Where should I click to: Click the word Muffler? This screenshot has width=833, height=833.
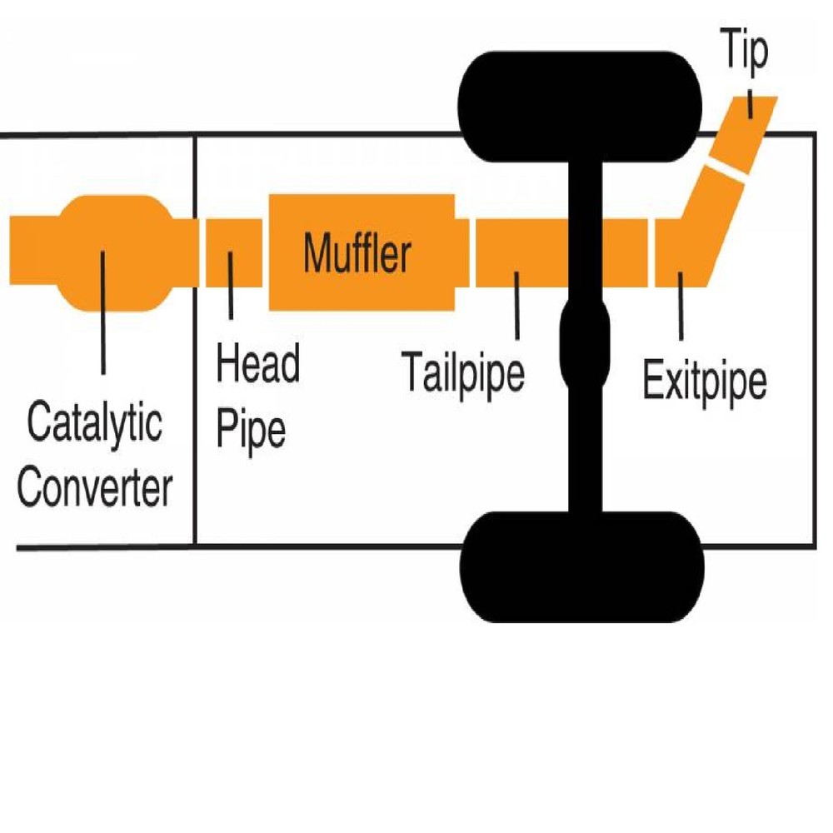pyautogui.click(x=357, y=253)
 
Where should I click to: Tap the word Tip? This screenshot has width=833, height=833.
pyautogui.click(x=743, y=52)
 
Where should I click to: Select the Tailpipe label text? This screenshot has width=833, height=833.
pyautogui.click(x=462, y=372)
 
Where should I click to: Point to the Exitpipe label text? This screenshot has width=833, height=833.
pyautogui.click(x=705, y=381)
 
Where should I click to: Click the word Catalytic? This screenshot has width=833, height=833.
pyautogui.click(x=93, y=425)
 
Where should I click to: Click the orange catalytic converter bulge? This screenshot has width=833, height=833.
pyautogui.click(x=111, y=253)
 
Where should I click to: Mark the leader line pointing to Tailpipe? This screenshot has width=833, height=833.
pyautogui.click(x=517, y=306)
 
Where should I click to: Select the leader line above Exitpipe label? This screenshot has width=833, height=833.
pyautogui.click(x=681, y=306)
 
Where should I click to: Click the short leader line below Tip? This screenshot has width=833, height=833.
pyautogui.click(x=751, y=103)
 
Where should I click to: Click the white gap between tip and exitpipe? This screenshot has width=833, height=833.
pyautogui.click(x=727, y=169)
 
